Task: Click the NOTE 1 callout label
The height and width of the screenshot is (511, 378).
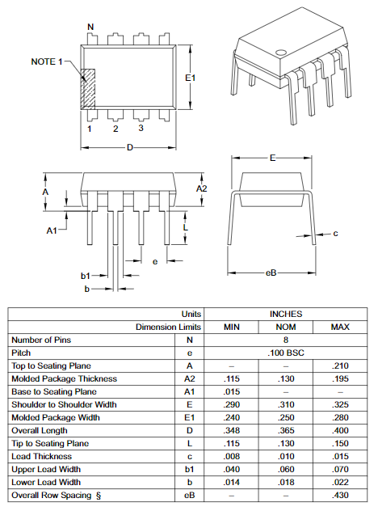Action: [46, 62]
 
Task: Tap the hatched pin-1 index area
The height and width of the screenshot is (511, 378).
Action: [89, 88]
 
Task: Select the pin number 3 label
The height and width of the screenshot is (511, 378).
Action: [141, 129]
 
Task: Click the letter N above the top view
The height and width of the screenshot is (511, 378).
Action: [90, 27]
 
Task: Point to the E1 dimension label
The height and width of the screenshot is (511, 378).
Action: [191, 78]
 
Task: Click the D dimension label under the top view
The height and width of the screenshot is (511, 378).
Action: [129, 147]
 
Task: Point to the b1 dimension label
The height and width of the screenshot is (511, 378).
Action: [85, 276]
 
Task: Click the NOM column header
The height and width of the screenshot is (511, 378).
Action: [285, 327]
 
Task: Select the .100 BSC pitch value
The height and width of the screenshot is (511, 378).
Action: [285, 353]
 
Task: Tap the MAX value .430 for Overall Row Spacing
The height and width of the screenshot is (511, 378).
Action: [340, 495]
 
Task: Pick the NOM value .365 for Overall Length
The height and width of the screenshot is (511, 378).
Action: [285, 430]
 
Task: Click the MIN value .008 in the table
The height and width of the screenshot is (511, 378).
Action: [233, 456]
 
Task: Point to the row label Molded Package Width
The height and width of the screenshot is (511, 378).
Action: [56, 417]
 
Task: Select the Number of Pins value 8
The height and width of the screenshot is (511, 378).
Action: [285, 340]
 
